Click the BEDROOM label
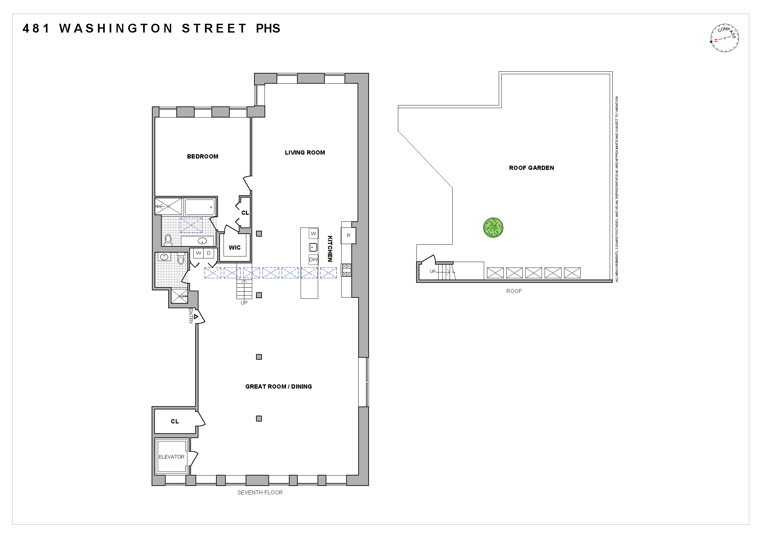[x=202, y=157]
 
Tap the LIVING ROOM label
[x=305, y=153]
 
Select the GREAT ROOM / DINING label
[x=279, y=387]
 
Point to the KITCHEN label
[x=330, y=249]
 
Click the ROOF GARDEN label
[x=531, y=168]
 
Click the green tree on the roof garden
[x=493, y=228]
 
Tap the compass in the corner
[x=725, y=38]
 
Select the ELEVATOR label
[x=171, y=457]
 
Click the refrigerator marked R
[x=348, y=236]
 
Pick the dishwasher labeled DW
[x=313, y=260]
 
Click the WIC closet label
[x=235, y=248]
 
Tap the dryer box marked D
[x=209, y=253]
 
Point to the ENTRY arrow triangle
[x=196, y=317]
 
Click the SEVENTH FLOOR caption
[x=260, y=492]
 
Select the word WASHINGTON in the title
[x=116, y=29]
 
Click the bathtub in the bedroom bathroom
[x=199, y=207]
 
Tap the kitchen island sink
[x=313, y=247]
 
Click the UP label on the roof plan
[x=432, y=271]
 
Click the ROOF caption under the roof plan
[x=514, y=291]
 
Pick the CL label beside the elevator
[x=175, y=421]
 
